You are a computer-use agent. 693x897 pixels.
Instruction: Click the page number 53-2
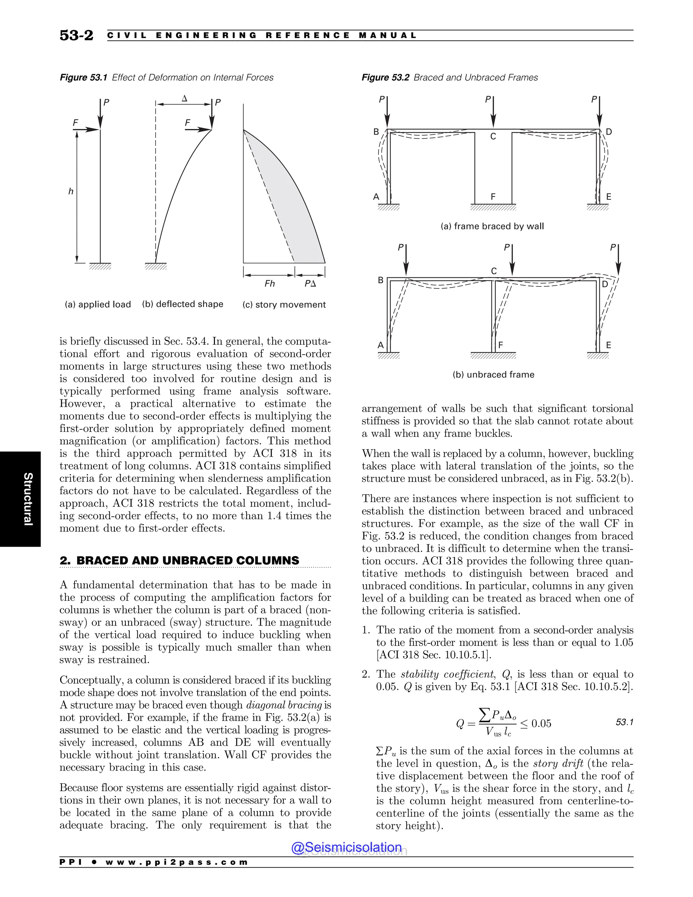click(x=76, y=35)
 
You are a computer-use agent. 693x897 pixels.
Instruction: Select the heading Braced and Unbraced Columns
click(x=179, y=561)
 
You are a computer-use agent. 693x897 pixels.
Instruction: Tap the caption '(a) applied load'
click(x=98, y=304)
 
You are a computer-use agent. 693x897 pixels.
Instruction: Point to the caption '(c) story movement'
click(x=284, y=304)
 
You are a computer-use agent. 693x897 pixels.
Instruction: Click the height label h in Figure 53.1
click(x=71, y=191)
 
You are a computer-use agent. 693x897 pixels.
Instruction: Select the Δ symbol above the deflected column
click(x=184, y=99)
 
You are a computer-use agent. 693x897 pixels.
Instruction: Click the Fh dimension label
click(x=270, y=283)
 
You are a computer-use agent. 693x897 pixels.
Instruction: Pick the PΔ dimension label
click(x=310, y=283)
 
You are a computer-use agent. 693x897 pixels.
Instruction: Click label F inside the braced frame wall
click(x=493, y=197)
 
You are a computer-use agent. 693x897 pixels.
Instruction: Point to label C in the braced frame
click(x=493, y=136)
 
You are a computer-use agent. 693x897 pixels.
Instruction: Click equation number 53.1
click(x=624, y=722)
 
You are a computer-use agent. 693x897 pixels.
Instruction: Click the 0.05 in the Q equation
click(x=541, y=723)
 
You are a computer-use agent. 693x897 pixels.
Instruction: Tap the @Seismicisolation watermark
click(x=346, y=847)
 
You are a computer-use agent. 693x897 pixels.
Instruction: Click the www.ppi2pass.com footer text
click(x=177, y=862)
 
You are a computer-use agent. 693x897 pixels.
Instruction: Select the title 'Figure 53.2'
click(x=385, y=77)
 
